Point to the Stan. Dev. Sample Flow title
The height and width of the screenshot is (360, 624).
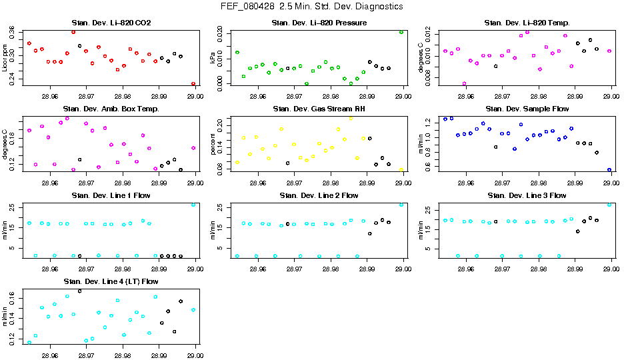527,109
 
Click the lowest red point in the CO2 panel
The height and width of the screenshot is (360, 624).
193,84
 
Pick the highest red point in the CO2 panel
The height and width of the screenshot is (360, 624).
73,31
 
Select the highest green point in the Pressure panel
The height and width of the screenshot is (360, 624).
401,31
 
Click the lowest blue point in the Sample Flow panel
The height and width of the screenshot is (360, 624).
609,170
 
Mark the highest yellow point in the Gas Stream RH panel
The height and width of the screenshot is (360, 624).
351,118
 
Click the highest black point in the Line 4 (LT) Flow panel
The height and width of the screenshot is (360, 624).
80,291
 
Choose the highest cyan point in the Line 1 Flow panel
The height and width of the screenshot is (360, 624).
193,204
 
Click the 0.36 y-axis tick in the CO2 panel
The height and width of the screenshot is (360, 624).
12,32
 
